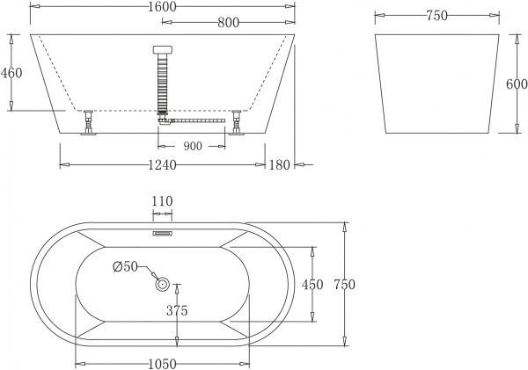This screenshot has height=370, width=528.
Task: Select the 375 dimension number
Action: (x=178, y=310)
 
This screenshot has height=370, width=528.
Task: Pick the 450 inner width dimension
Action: (x=312, y=284)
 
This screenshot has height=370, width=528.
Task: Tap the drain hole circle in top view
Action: (x=162, y=283)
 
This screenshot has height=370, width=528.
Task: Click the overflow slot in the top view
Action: (x=162, y=234)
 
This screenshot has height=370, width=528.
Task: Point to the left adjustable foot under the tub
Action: (x=88, y=123)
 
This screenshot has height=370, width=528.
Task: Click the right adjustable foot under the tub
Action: (x=235, y=123)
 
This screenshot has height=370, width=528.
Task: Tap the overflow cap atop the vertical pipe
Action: (x=161, y=51)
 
